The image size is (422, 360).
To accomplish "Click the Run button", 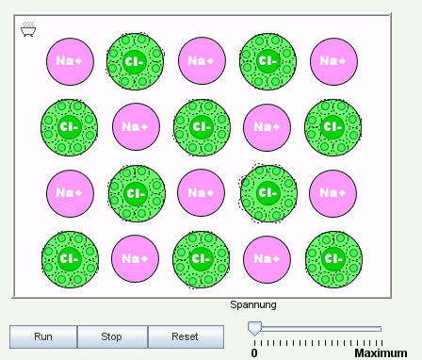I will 42,336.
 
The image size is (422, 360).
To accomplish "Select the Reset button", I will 185,336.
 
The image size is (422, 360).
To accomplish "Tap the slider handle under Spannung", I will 253,328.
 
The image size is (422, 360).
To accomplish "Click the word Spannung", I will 253,304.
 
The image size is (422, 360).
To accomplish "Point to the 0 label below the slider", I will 253,352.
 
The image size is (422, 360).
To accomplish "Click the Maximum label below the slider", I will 380,352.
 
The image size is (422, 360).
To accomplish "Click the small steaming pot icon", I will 28,30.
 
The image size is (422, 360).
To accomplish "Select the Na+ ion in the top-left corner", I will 69,61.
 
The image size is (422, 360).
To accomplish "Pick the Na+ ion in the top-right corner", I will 333,61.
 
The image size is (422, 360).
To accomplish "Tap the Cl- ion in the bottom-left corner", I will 69,258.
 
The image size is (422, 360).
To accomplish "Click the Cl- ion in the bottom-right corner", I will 333,258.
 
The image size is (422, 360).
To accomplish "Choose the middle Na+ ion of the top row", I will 201,61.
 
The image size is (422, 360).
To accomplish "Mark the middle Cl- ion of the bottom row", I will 201,258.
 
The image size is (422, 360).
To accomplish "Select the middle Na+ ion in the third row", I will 201,192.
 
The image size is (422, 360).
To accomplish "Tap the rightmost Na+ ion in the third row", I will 333,192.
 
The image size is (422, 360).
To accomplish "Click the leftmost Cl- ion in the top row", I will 135,61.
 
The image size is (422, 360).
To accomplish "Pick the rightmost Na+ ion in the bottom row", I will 267,258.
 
